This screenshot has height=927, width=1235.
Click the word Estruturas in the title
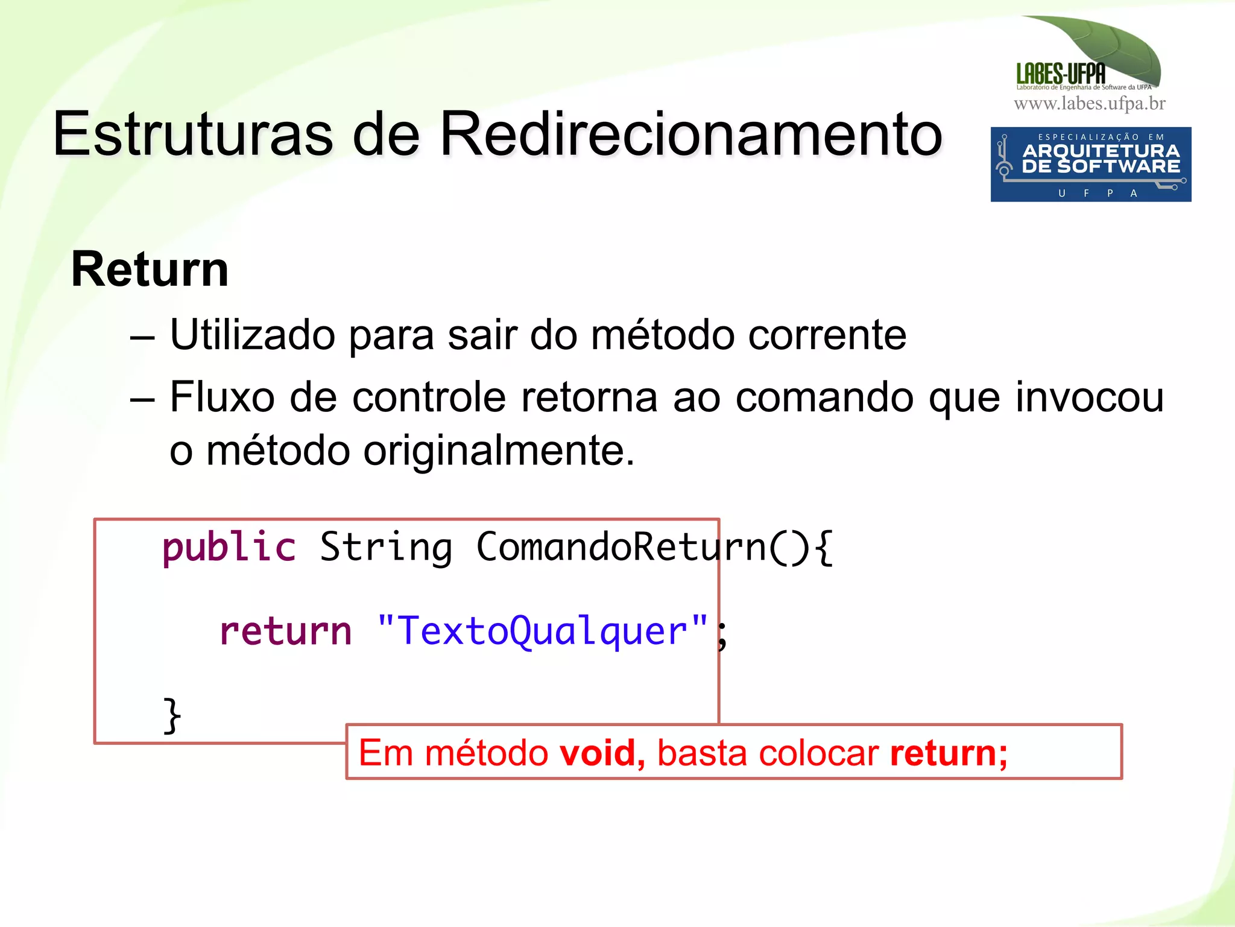pyautogui.click(x=193, y=134)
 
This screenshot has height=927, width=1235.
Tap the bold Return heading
pyautogui.click(x=150, y=270)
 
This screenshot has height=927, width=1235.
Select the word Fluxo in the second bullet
pyautogui.click(x=222, y=397)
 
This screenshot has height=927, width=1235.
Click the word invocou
pyautogui.click(x=1089, y=397)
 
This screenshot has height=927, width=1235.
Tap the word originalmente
pyautogui.click(x=499, y=451)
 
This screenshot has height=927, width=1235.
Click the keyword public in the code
pyautogui.click(x=229, y=548)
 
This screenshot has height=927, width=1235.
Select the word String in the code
pyautogui.click(x=386, y=548)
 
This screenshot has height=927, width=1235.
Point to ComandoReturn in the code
pyautogui.click(x=621, y=548)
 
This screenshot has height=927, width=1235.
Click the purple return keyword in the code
pyautogui.click(x=285, y=631)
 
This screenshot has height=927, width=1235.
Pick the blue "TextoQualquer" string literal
pyautogui.click(x=543, y=631)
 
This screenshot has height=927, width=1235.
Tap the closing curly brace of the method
pyautogui.click(x=172, y=715)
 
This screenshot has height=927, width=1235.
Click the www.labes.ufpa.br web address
pyautogui.click(x=1090, y=104)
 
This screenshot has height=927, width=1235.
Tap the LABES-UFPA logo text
pyautogui.click(x=1061, y=74)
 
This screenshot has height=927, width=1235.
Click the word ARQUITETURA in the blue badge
pyautogui.click(x=1101, y=151)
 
